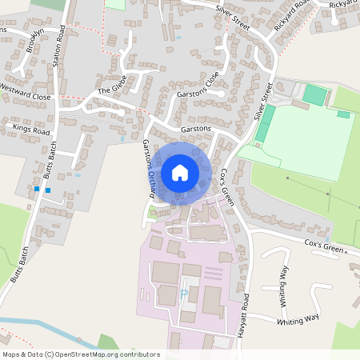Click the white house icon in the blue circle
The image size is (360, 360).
180,172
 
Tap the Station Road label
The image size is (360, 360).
58,47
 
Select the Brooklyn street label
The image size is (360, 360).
34,40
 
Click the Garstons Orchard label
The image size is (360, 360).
150,167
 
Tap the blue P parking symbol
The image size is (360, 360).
184,294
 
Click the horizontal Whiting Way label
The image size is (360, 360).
298,320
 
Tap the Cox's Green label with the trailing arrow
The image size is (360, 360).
326,248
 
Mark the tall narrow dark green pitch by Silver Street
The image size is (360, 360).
265,124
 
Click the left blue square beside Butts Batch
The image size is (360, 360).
37,190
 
